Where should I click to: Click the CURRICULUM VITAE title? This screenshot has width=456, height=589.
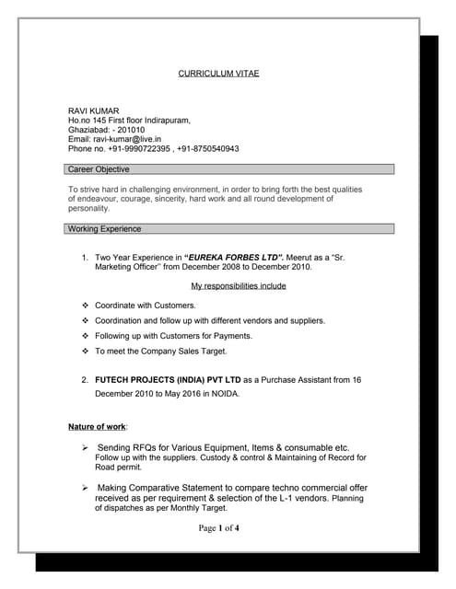pyautogui.click(x=218, y=73)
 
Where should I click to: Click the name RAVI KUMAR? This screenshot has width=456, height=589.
pyautogui.click(x=94, y=110)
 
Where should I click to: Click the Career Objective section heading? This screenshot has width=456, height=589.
pyautogui.click(x=99, y=169)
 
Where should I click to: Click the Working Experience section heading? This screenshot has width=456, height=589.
pyautogui.click(x=105, y=228)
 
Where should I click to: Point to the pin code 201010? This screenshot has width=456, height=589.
pyautogui.click(x=138, y=130)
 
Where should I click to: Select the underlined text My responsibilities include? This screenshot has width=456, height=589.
pyautogui.click(x=239, y=286)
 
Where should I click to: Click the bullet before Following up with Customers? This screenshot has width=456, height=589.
pyautogui.click(x=84, y=336)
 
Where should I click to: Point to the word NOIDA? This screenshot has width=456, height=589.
pyautogui.click(x=223, y=394)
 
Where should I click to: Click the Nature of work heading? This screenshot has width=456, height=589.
pyautogui.click(x=98, y=427)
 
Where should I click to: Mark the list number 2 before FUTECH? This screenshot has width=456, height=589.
pyautogui.click(x=85, y=379)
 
